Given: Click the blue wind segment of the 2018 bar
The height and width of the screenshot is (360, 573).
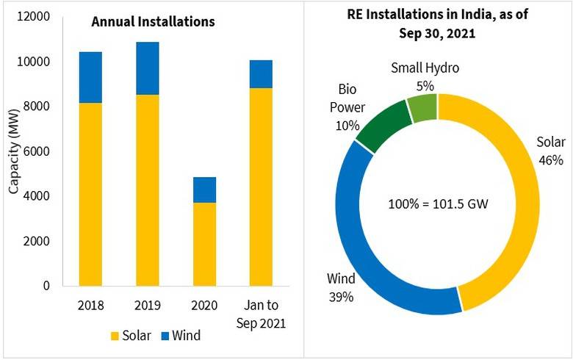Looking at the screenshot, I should point(90,77).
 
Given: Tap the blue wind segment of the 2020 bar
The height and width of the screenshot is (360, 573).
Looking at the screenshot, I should point(205,190).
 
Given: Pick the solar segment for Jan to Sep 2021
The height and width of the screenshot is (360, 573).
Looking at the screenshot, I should point(262,187).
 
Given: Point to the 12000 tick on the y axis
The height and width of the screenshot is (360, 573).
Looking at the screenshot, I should point(35,16).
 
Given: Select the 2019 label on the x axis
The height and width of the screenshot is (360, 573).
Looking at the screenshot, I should point(148,304).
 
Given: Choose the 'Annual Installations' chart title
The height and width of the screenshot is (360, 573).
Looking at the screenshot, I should point(153,21).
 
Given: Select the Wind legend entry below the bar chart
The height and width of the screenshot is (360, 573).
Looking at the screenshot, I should point(179,336).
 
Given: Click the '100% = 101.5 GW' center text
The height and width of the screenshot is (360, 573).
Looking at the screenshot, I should point(438,204).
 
